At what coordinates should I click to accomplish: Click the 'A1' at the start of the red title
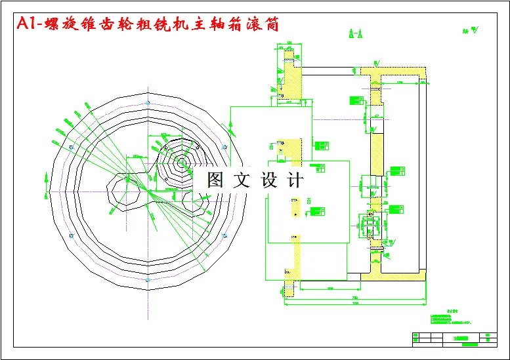pyautogui.click(x=25, y=24)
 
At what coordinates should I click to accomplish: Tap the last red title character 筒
pyautogui.click(x=272, y=24)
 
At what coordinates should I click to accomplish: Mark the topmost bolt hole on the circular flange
pyautogui.click(x=147, y=103)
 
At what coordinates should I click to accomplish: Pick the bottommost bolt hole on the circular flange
pyautogui.click(x=147, y=280)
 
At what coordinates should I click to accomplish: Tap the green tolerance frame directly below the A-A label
pyautogui.click(x=357, y=99)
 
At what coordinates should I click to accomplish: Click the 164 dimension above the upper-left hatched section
pyautogui.click(x=289, y=43)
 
